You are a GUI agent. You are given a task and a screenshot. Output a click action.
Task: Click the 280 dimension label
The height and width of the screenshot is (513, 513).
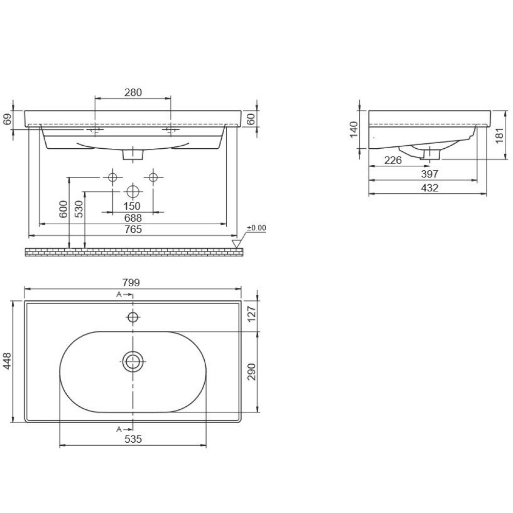point(133,92)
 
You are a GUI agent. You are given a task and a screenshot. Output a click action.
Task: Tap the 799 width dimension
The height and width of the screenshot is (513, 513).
point(131,282)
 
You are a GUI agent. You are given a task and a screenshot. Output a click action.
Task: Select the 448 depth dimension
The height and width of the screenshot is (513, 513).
point(7,361)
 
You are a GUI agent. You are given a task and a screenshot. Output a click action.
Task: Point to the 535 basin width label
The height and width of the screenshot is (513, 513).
point(133,439)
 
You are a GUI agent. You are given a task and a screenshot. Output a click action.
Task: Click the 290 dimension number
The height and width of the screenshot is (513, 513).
point(251,371)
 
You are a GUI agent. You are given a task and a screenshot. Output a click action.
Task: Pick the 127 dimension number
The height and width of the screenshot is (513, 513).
point(251,314)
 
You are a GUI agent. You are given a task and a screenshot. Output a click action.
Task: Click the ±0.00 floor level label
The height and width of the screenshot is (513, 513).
point(256,228)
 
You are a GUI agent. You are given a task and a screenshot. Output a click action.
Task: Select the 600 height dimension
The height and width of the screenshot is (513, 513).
point(64,209)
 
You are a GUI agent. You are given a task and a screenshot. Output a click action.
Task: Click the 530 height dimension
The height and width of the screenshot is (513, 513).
point(79,209)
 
